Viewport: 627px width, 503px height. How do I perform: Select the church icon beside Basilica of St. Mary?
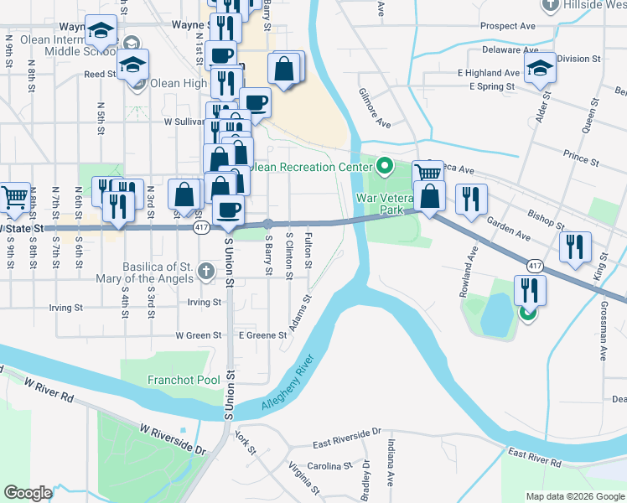click(208, 272)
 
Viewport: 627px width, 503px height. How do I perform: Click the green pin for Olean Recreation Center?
click(385, 165)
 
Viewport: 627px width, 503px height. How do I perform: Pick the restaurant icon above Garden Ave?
click(471, 199)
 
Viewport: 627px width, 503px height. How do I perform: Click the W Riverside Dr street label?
click(173, 438)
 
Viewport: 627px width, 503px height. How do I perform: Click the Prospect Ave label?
click(508, 26)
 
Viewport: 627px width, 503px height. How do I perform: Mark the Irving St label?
click(204, 302)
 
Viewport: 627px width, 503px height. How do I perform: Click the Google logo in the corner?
click(28, 493)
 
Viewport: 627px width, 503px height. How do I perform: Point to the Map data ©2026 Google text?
click(574, 496)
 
